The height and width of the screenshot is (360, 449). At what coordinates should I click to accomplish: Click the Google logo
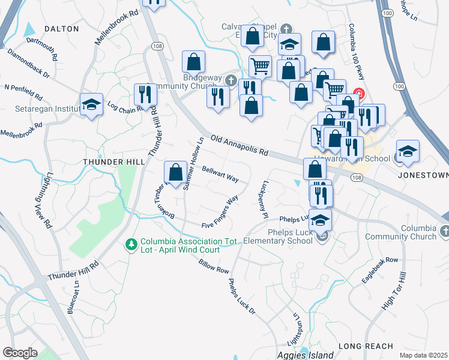tap(20, 353)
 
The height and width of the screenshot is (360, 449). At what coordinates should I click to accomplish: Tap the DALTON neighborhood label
tap(62, 28)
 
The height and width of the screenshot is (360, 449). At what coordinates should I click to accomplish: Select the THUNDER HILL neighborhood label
tap(113, 162)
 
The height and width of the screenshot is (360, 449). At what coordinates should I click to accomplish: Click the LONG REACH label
tap(366, 346)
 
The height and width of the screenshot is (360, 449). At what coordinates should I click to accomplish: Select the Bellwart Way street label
tap(220, 175)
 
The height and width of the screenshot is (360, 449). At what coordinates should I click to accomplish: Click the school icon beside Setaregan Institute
tap(91, 104)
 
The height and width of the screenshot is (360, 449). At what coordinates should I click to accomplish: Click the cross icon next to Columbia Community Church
tap(444, 231)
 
